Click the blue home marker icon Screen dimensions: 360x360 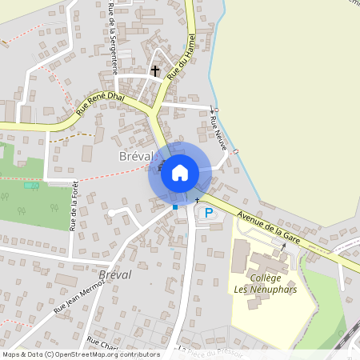180,172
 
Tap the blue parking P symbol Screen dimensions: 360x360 209,213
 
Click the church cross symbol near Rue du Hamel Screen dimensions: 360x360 155,72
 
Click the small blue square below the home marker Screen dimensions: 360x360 175,207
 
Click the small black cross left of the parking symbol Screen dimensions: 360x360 197,198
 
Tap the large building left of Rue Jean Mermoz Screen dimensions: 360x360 65,281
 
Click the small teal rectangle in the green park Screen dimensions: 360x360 32,186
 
